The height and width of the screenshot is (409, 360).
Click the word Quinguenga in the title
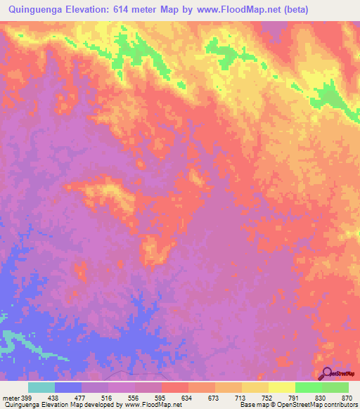point(32,11)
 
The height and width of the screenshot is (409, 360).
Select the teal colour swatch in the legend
point(41,387)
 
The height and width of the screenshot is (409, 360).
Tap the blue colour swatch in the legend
point(68,387)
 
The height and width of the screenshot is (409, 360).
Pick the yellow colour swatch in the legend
point(281,387)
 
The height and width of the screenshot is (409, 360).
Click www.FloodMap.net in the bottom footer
point(152,405)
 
